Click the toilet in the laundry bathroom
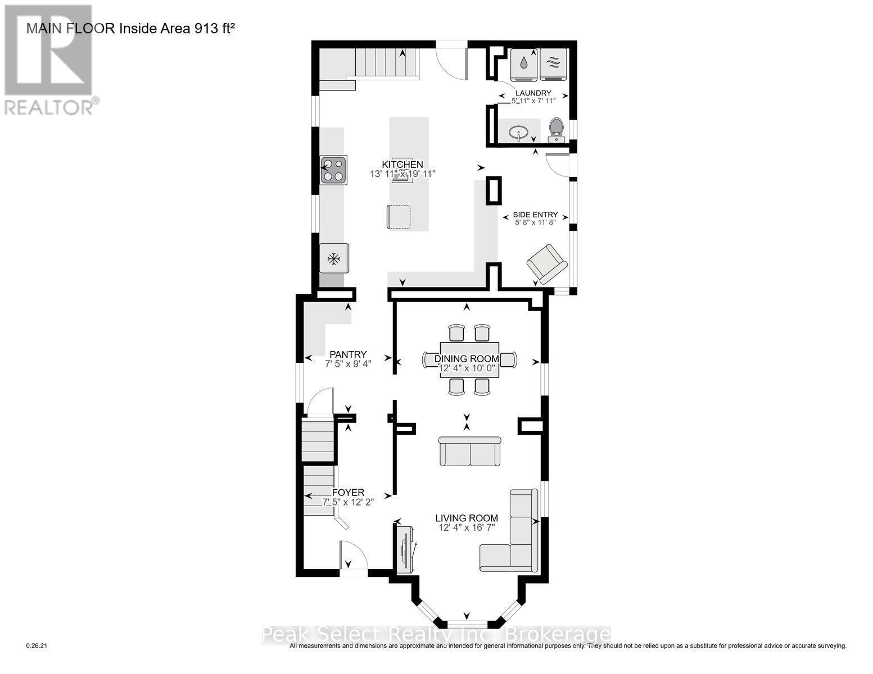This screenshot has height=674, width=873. pos(556,130)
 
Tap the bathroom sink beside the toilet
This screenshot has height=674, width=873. pos(518,133)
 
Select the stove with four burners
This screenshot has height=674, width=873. pos(333,170)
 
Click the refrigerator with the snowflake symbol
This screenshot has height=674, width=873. pos(334,258)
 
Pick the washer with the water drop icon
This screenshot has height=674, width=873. pos(524,64)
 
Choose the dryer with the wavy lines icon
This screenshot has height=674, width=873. pos(554,64)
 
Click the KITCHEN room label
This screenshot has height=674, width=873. pos(402,164)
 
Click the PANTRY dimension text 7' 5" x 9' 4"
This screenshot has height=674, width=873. pos(348,364)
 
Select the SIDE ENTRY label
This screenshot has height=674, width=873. pos(535,215)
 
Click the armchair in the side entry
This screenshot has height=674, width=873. pos(546,264)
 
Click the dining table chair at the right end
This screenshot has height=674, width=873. pos(509,359)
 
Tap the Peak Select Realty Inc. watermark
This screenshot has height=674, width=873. pos(436,635)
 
